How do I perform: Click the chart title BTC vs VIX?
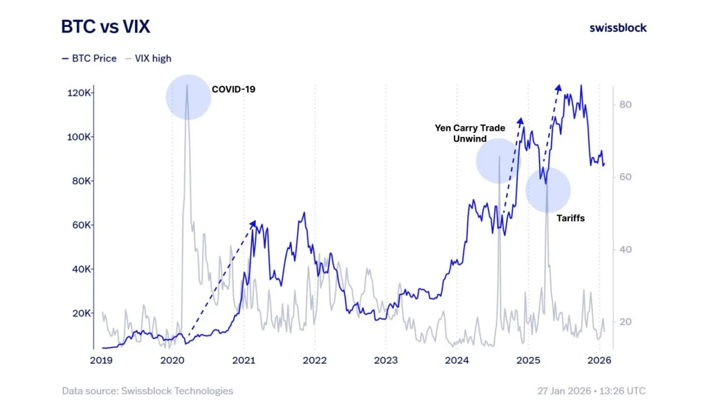(106, 26)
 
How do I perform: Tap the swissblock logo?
(618, 27)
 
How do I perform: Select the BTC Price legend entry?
(89, 58)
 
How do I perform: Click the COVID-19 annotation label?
(233, 89)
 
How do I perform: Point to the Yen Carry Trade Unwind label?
(470, 133)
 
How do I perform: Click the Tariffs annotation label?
(570, 218)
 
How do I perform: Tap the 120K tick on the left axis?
(76, 93)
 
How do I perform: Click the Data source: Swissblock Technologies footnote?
(147, 391)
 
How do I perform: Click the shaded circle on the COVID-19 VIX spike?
(188, 97)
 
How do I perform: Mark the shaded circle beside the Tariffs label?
(548, 190)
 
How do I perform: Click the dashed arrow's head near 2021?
(253, 223)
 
